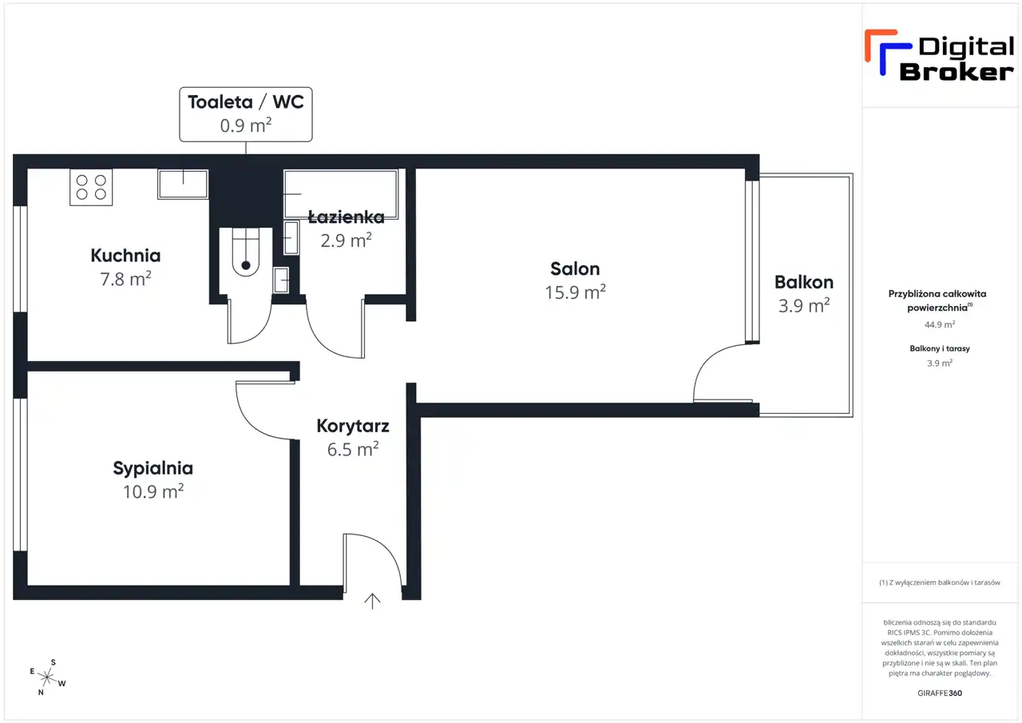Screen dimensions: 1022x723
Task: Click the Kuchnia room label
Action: click(x=125, y=256)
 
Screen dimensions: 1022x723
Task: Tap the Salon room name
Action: click(x=575, y=269)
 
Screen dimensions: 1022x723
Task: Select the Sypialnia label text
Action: click(x=153, y=469)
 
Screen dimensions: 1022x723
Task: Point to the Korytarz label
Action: click(x=353, y=427)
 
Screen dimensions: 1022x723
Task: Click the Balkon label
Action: click(x=804, y=282)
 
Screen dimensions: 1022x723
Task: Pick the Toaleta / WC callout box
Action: click(x=246, y=114)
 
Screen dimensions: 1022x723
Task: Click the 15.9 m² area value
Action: click(x=575, y=292)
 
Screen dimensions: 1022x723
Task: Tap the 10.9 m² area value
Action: click(x=153, y=491)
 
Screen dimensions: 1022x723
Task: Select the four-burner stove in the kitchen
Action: click(x=91, y=187)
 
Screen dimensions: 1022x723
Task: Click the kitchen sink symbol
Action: click(x=183, y=184)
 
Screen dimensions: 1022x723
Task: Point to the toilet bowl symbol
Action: click(x=246, y=252)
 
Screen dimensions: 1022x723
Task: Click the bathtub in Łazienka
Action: click(x=341, y=194)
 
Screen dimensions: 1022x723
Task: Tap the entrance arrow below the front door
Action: click(x=372, y=601)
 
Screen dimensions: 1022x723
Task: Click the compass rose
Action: click(x=47, y=677)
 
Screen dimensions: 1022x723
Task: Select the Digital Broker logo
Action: click(x=939, y=56)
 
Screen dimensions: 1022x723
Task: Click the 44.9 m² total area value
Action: click(x=940, y=324)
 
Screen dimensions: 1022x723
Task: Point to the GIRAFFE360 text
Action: click(x=940, y=693)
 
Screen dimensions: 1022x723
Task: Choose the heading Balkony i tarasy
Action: click(x=940, y=348)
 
